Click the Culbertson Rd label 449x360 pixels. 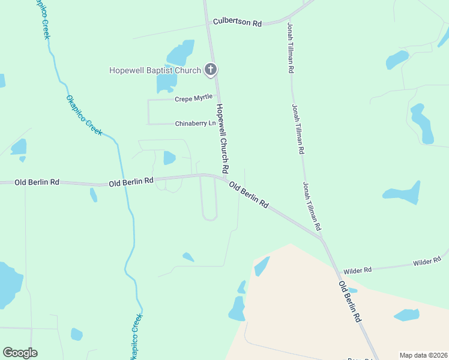pyautogui.click(x=238, y=23)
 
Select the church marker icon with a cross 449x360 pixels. pyautogui.click(x=210, y=70)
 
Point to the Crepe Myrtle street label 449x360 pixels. pyautogui.click(x=193, y=98)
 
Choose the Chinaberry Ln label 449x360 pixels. pyautogui.click(x=195, y=124)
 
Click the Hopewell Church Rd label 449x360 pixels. pyautogui.click(x=223, y=138)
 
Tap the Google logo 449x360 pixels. pyautogui.click(x=20, y=353)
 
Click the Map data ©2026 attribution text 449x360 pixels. pyautogui.click(x=424, y=355)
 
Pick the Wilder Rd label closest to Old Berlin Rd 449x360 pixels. pyautogui.click(x=357, y=271)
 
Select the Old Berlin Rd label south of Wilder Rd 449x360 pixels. pyautogui.click(x=349, y=302)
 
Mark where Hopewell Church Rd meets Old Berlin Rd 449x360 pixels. pyautogui.click(x=224, y=178)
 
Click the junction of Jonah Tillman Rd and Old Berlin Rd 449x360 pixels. pyautogui.click(x=322, y=238)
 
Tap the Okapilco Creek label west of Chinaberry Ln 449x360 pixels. pyautogui.click(x=84, y=115)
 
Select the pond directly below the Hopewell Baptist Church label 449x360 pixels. pyautogui.click(x=166, y=83)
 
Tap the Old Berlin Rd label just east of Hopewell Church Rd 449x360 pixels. pyautogui.click(x=249, y=196)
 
